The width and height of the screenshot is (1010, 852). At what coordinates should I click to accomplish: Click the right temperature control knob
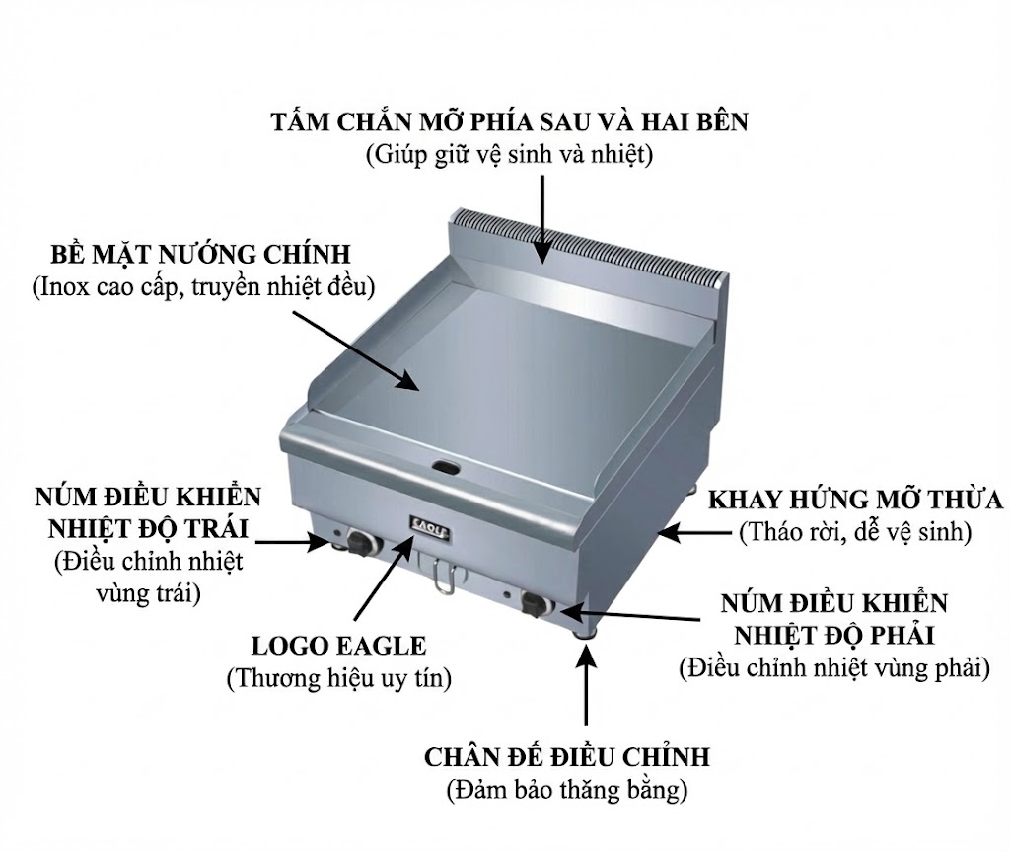click(x=537, y=603)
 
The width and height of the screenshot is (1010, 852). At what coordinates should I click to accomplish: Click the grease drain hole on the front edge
click(x=445, y=464)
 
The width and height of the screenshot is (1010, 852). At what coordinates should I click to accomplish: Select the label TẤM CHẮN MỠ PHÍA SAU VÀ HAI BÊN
click(x=510, y=122)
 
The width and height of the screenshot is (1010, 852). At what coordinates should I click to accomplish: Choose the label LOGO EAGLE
click(x=338, y=647)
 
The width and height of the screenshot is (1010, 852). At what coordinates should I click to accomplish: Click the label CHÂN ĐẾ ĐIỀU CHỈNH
click(x=567, y=757)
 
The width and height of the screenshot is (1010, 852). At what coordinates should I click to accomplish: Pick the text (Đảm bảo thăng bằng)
click(x=567, y=791)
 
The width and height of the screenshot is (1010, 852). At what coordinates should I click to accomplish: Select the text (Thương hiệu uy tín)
click(x=338, y=678)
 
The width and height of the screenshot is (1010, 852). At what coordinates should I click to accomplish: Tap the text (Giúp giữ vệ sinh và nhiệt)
click(x=510, y=155)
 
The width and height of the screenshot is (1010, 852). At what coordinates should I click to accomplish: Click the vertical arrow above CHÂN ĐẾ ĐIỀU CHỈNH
click(x=587, y=691)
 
